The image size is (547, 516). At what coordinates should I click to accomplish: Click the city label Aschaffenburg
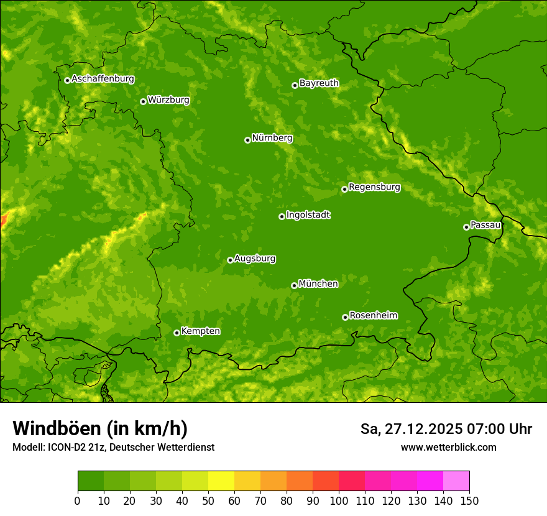coord(103,79)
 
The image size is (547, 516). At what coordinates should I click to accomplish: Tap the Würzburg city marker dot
coord(143,101)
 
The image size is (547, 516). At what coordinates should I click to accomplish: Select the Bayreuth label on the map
coord(319,83)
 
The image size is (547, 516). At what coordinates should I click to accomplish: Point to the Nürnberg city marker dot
coord(247,140)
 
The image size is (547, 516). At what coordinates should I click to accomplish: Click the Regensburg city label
coord(374,187)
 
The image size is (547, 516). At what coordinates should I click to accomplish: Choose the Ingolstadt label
coord(308,214)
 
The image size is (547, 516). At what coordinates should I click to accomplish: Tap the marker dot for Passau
coord(466,227)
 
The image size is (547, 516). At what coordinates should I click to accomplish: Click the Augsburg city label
coord(255,258)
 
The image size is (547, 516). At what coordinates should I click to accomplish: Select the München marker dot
coord(294,285)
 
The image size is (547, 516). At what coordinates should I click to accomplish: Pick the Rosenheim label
coord(373,315)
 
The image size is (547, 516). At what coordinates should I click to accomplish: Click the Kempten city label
coord(200,331)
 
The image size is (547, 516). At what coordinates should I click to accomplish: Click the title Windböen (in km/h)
coord(100,428)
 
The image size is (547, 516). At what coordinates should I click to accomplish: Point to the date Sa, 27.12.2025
coord(410,429)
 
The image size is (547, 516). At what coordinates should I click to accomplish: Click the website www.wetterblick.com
coord(448,447)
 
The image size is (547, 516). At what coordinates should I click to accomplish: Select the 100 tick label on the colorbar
coord(339,500)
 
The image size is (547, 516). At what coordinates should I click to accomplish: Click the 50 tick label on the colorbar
coord(208,500)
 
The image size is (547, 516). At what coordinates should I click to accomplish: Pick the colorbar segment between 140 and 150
coord(456,481)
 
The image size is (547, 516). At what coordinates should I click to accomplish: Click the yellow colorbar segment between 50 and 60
coord(221,481)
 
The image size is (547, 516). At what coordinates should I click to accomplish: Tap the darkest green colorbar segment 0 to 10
coord(91,481)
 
